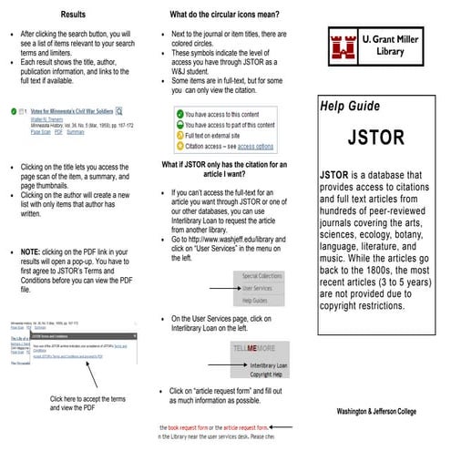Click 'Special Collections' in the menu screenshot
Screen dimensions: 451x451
[x=262, y=274]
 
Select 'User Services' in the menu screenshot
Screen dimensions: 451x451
[x=259, y=287]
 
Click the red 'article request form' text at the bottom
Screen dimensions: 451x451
[x=241, y=426]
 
